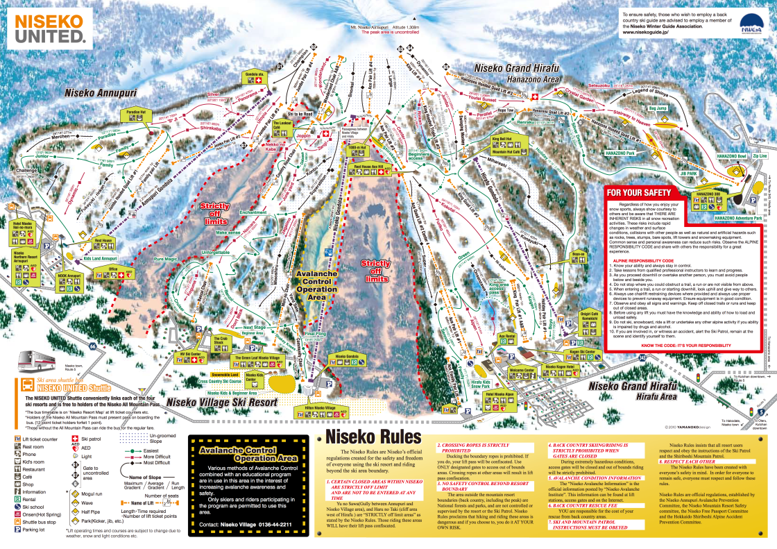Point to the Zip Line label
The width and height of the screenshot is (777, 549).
click(759, 156)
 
